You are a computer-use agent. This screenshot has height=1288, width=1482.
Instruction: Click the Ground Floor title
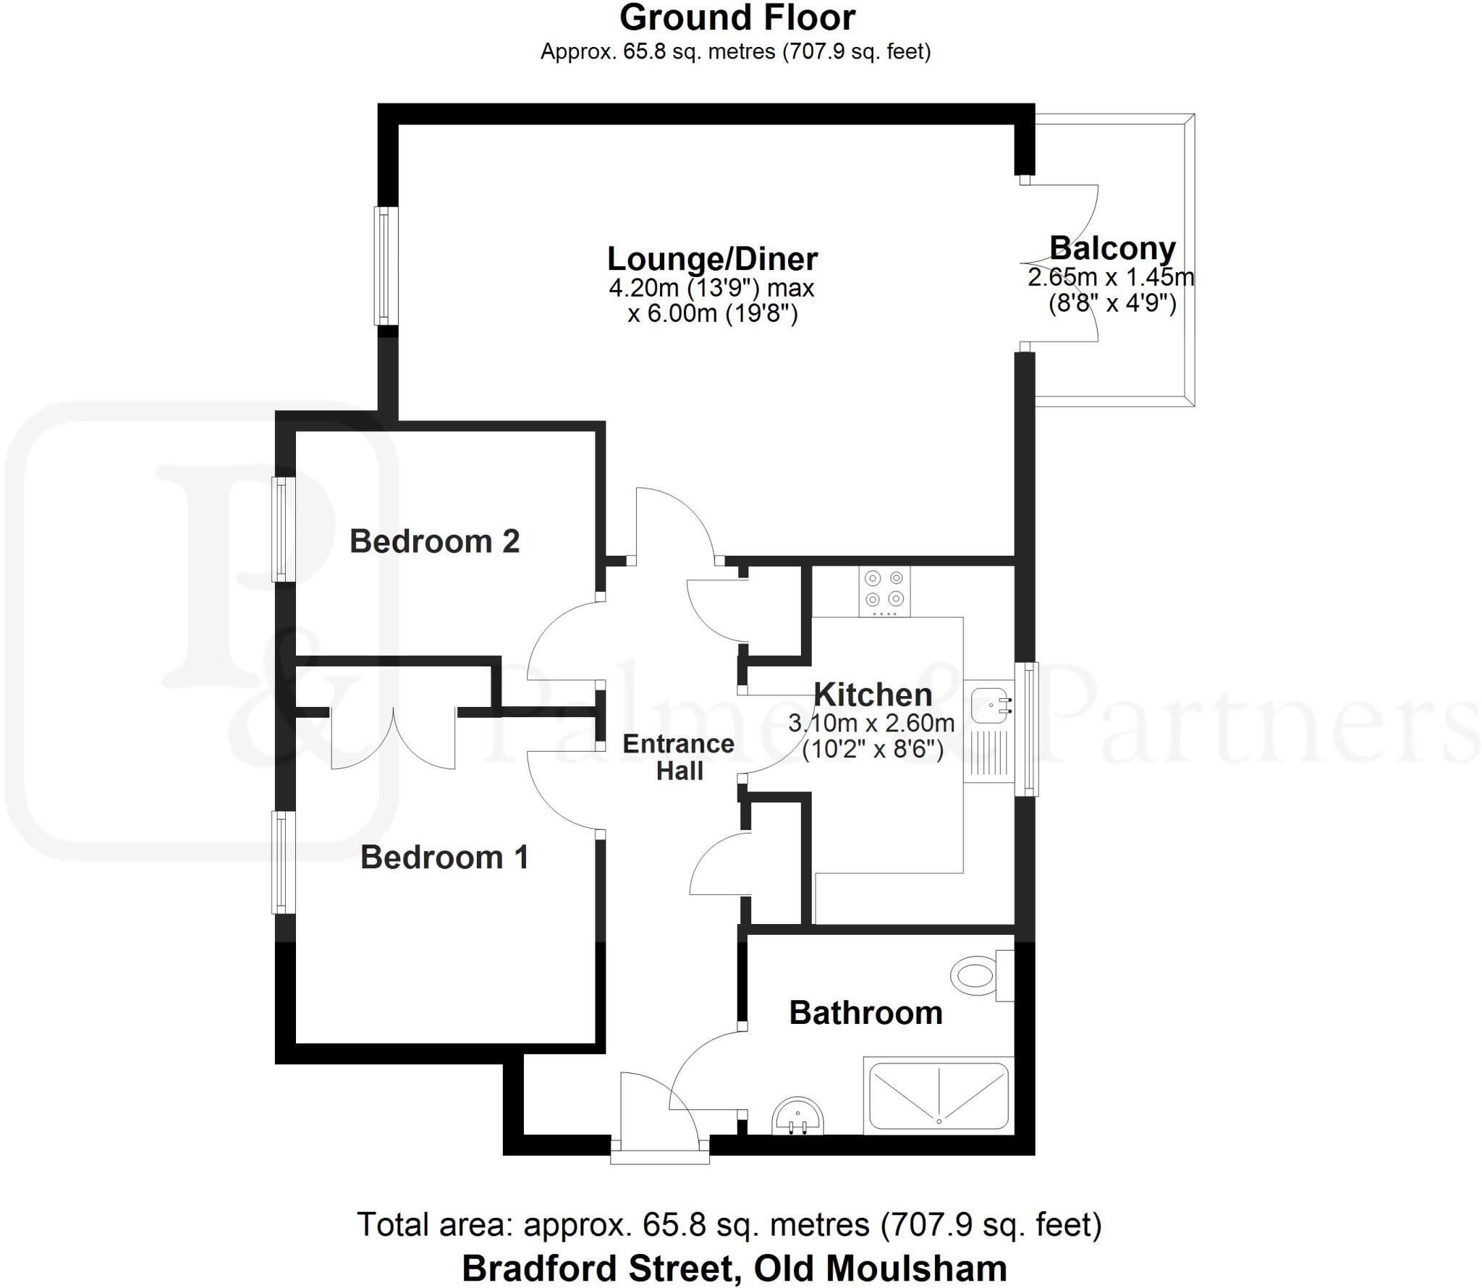[737, 18]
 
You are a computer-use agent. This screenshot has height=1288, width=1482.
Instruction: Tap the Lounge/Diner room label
[712, 259]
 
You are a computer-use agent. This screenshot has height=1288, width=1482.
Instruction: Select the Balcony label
[1112, 248]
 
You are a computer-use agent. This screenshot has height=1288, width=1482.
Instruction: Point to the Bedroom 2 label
[435, 541]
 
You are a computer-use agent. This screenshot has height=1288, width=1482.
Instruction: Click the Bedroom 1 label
[444, 857]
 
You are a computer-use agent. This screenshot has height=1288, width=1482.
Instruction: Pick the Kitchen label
[873, 695]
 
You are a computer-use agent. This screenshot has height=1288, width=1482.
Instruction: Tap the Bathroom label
[865, 1013]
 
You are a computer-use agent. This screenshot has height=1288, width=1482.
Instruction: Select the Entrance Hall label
[679, 758]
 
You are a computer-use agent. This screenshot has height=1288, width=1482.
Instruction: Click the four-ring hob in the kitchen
[884, 591]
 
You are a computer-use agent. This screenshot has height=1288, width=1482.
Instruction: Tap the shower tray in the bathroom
[939, 1096]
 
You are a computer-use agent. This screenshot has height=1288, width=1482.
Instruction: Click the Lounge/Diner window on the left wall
[386, 266]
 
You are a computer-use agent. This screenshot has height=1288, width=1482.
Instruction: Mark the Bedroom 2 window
[284, 529]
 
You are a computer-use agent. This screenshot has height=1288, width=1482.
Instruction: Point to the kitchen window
[1027, 729]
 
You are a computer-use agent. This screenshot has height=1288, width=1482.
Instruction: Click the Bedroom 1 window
[284, 862]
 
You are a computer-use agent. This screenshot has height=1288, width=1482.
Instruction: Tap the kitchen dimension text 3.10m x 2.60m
[871, 723]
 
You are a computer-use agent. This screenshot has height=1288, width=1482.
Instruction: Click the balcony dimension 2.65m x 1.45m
[1111, 276]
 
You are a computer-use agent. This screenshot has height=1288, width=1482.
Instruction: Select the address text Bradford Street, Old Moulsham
[734, 1268]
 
